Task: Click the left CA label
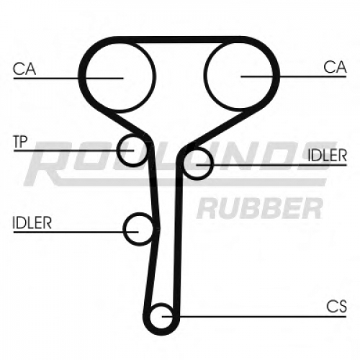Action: (x=24, y=68)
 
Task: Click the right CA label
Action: (x=335, y=67)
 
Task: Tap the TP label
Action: (x=21, y=142)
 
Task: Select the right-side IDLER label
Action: (x=328, y=156)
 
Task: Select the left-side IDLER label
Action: (x=32, y=222)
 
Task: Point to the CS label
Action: (x=336, y=306)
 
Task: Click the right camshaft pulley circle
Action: (x=204, y=76)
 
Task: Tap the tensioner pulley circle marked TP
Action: (x=117, y=150)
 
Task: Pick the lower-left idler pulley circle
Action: (x=123, y=229)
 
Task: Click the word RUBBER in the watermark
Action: (x=260, y=208)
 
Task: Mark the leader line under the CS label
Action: (x=254, y=317)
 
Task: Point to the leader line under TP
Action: (x=73, y=150)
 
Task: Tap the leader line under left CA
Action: (x=68, y=78)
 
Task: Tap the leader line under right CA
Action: (x=294, y=76)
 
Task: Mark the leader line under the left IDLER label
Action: (x=76, y=232)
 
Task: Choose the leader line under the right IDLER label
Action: (x=271, y=165)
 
